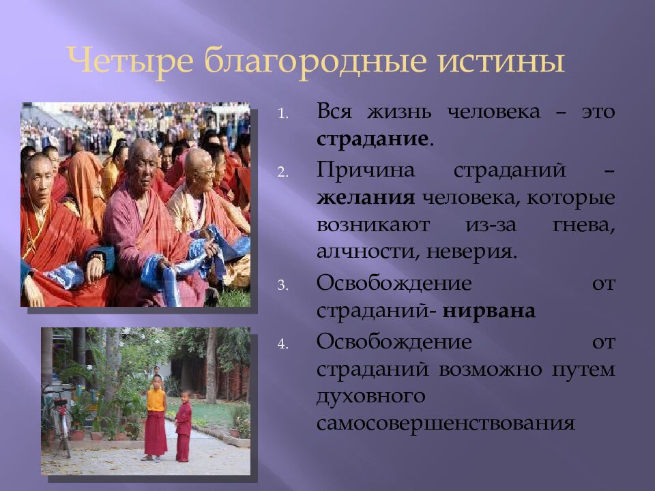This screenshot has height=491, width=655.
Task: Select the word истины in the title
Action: click(499, 62)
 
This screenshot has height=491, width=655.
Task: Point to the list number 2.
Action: click(285, 172)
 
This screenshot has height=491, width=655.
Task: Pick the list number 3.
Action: click(285, 285)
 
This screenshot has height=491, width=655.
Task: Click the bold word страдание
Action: click(373, 139)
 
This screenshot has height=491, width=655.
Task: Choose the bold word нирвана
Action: click(489, 311)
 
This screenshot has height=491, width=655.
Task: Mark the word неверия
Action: click(471, 252)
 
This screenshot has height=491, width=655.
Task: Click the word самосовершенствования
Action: click(445, 423)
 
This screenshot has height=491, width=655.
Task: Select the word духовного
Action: click(371, 396)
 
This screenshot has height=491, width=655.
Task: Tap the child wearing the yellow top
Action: click(156, 416)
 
